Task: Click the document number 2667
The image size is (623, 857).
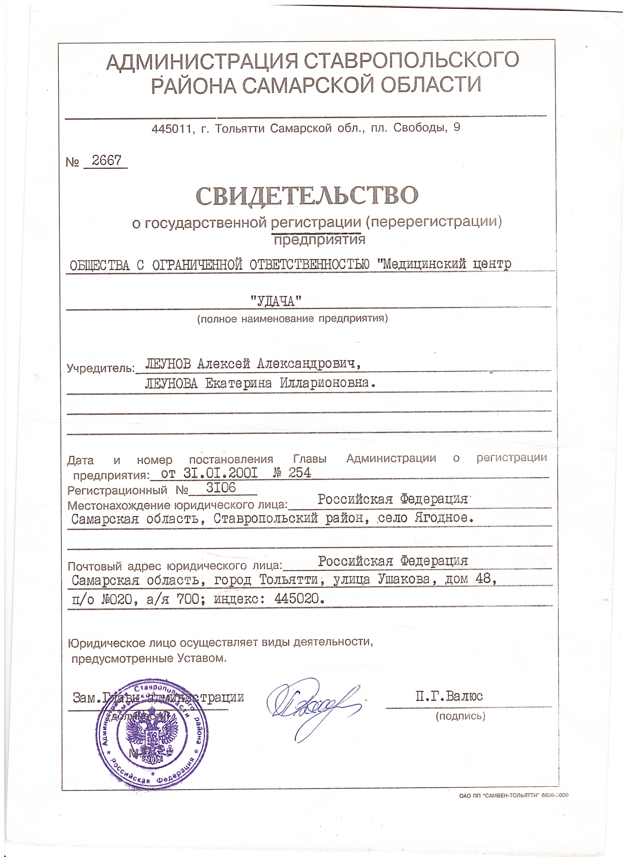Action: [x=107, y=161]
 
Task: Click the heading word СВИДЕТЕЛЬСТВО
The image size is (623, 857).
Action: [x=307, y=195]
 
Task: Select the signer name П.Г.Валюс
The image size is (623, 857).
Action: [x=449, y=696]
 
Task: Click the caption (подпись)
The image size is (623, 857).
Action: [x=460, y=716]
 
